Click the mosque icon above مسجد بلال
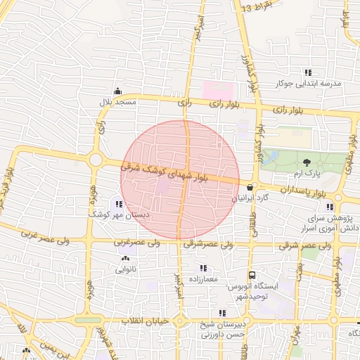point(117,91)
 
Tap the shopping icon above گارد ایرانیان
point(250,187)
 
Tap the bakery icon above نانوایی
point(125,259)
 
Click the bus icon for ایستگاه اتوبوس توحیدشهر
point(252,275)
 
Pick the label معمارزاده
point(203,279)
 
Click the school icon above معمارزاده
point(203,268)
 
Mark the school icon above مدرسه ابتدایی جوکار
point(308,72)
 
